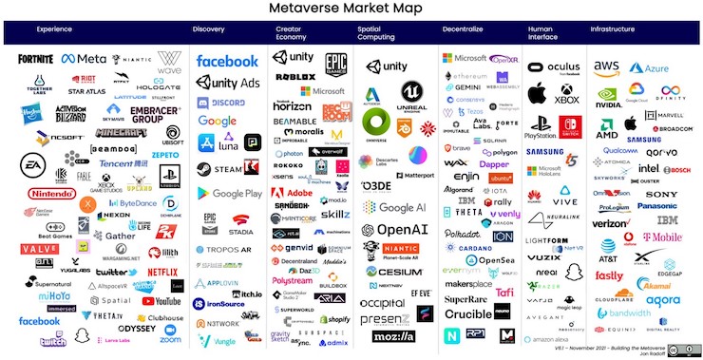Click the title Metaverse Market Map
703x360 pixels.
(x=351, y=10)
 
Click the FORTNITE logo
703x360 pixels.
(x=35, y=60)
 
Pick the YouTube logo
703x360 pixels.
(x=161, y=301)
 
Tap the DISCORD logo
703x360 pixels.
(x=223, y=103)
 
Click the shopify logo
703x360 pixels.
(x=334, y=320)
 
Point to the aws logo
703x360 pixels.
(x=606, y=66)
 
